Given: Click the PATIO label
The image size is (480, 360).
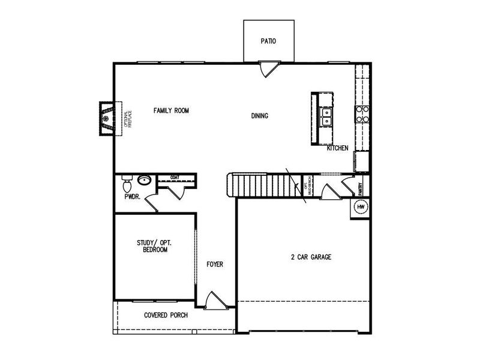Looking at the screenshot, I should pos(268,41).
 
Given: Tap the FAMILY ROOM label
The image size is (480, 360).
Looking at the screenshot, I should pos(171,110).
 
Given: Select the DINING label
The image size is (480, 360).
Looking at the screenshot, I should pos(259,116).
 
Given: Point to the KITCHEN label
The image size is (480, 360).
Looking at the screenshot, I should pos(337,148).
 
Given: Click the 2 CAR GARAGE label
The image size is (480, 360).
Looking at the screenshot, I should pos(311,257).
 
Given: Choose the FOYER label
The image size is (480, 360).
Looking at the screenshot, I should pos(215,264).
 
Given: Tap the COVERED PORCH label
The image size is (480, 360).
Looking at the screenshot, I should pos(166,315).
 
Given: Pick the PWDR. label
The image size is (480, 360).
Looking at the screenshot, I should pos(132,196).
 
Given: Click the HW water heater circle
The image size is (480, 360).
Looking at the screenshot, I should pos(361,207).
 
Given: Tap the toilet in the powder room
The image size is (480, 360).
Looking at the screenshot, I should pos(126,179).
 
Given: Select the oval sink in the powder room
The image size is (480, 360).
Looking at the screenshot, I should pos(144,179).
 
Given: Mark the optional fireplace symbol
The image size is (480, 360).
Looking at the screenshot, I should pos(107,118).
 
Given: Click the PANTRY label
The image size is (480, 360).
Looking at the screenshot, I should pos(361,189).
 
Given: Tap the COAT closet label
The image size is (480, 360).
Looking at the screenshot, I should pos(175,178).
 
